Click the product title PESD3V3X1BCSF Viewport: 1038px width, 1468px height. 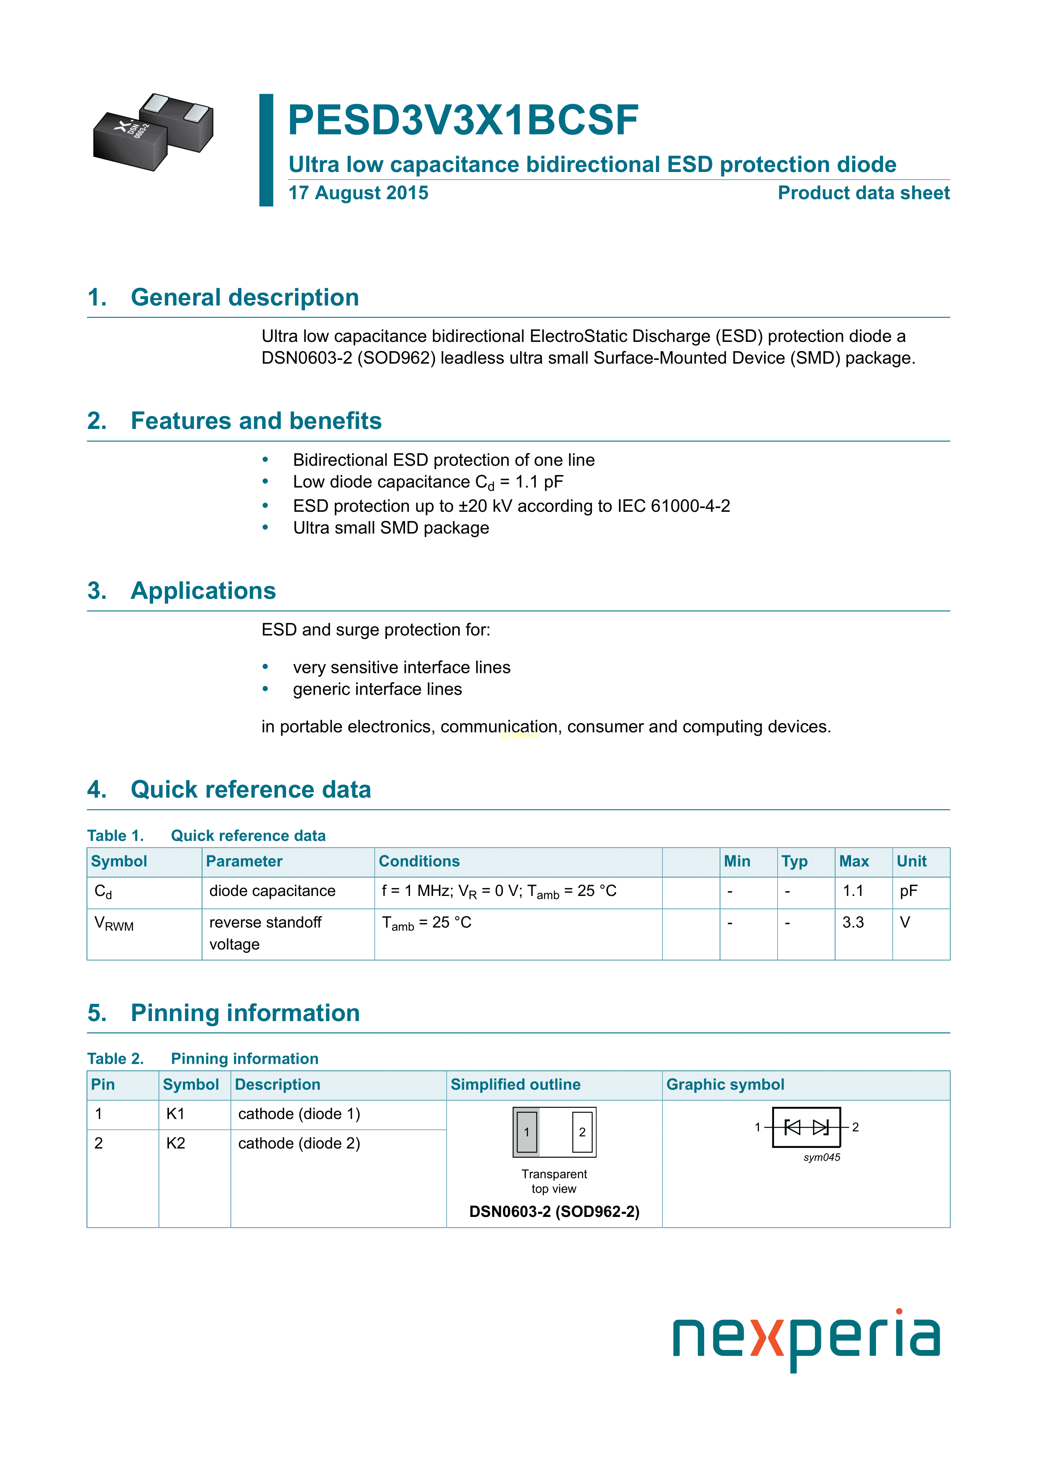463,120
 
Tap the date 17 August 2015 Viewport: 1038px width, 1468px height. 358,193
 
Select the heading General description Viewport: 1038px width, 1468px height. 244,298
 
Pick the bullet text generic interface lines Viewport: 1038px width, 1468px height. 377,689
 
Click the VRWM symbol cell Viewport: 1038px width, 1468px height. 114,924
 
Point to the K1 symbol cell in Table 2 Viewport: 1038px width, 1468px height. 175,1114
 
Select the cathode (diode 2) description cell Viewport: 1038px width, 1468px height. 299,1144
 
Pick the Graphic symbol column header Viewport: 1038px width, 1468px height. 725,1085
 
